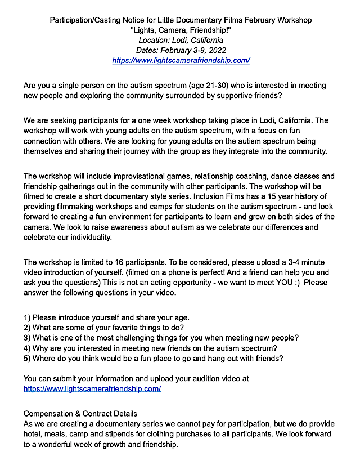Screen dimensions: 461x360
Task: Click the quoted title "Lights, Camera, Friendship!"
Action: (x=181, y=30)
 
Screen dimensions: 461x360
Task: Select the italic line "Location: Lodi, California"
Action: (x=181, y=41)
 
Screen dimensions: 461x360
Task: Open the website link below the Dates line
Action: (x=181, y=60)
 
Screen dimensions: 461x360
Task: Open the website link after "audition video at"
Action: (x=92, y=389)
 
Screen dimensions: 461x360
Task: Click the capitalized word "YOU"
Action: (x=282, y=283)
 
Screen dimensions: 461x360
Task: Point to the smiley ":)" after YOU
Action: (x=296, y=283)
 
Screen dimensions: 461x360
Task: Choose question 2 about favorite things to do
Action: (x=109, y=328)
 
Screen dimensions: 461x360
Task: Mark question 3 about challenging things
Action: (x=161, y=338)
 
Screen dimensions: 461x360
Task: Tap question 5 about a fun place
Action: (x=153, y=359)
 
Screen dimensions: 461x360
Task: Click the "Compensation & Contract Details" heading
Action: (x=80, y=414)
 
